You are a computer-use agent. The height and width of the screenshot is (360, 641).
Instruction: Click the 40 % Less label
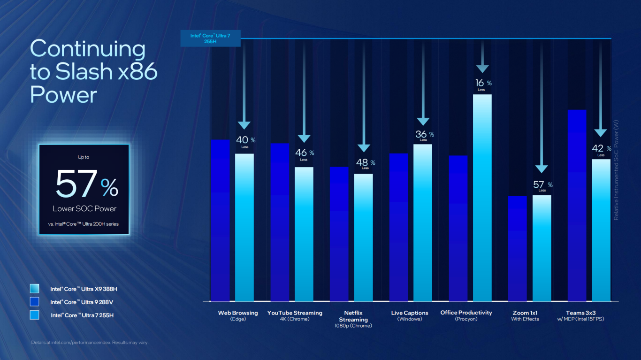point(245,141)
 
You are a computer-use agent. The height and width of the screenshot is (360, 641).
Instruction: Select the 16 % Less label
point(482,84)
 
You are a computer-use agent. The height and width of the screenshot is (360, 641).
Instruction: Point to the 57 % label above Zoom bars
point(543,186)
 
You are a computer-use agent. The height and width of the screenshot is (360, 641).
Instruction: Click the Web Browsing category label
point(238,313)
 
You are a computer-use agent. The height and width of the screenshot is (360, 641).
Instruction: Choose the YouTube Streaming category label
point(295,313)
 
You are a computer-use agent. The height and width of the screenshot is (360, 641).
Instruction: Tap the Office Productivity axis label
point(466,313)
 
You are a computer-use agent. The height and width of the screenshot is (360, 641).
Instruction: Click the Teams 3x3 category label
point(580,313)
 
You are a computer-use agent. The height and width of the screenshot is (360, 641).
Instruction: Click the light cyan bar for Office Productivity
point(482,197)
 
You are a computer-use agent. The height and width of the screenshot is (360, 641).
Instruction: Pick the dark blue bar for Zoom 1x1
point(517,249)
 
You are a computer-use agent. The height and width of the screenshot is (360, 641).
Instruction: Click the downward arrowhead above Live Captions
point(423,122)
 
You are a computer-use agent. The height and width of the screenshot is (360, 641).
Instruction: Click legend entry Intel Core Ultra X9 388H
point(84,289)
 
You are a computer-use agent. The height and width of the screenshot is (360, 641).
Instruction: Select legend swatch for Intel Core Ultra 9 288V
point(34,302)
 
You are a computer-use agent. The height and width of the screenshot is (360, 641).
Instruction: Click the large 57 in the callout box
point(76,184)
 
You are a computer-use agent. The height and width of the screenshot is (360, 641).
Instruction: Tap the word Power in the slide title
point(63,95)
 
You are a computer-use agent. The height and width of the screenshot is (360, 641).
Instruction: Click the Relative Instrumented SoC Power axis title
point(616,169)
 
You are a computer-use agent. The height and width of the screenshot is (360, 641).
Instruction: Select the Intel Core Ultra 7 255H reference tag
point(210,38)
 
